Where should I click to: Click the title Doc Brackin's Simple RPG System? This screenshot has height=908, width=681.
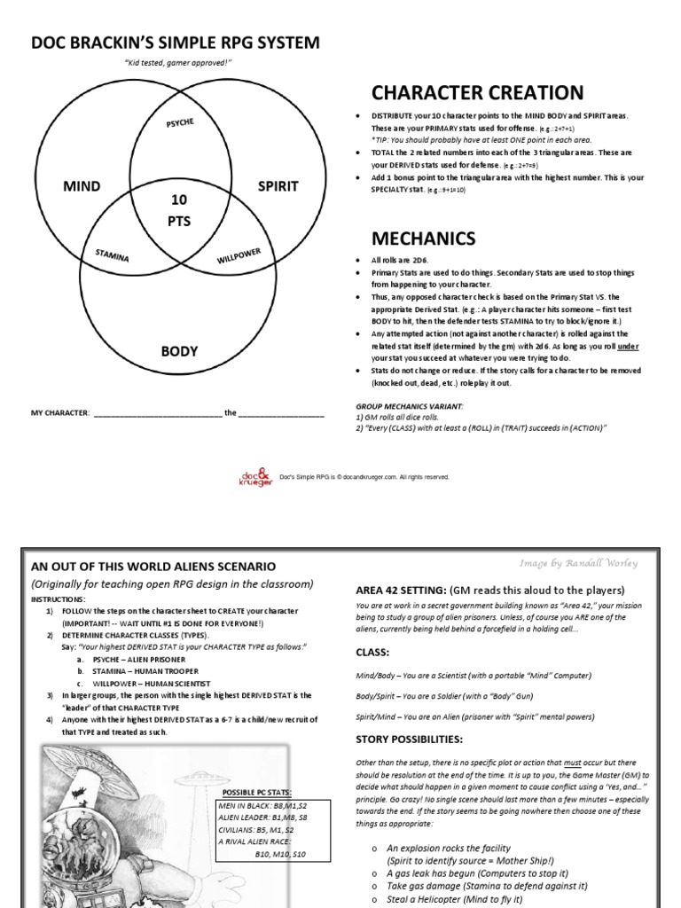[176, 43]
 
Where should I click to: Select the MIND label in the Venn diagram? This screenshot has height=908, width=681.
[82, 186]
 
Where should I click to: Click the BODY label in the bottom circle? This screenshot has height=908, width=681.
[178, 351]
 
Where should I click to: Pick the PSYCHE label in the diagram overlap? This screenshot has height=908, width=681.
[180, 125]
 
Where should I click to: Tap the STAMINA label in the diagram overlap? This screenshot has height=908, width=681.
[113, 255]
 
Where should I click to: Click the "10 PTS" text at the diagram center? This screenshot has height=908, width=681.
[179, 210]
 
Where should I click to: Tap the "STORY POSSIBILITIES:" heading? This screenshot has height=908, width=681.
[411, 739]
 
